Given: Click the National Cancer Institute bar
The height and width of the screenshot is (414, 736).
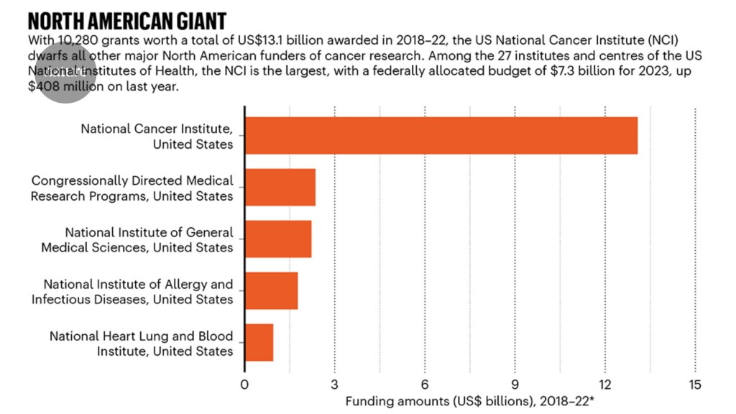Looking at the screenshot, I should (441, 135).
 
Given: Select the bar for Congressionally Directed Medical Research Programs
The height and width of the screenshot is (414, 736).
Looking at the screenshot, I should (280, 188).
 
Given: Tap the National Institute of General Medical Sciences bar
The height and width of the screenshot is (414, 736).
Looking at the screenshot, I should (278, 239).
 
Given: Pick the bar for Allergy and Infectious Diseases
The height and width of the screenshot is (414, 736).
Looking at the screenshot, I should (272, 290).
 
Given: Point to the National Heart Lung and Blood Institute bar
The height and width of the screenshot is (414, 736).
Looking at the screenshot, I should (259, 343).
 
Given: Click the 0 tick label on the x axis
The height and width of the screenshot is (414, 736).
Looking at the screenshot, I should (245, 383).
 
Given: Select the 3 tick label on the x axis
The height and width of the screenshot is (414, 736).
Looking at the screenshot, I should (335, 383).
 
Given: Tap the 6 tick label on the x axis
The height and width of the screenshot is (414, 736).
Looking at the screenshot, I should (425, 383).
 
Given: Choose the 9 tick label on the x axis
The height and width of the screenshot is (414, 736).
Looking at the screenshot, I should (515, 383).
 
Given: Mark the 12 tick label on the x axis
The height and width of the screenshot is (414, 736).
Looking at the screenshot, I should (604, 383).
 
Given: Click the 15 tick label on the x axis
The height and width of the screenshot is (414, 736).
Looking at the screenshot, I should (694, 383).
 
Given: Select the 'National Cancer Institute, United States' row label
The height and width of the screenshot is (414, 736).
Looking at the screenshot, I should (157, 137).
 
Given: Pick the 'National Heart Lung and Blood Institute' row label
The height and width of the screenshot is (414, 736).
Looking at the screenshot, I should (141, 344).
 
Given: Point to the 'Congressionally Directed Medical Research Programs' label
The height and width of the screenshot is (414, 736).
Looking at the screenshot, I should (132, 188).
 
